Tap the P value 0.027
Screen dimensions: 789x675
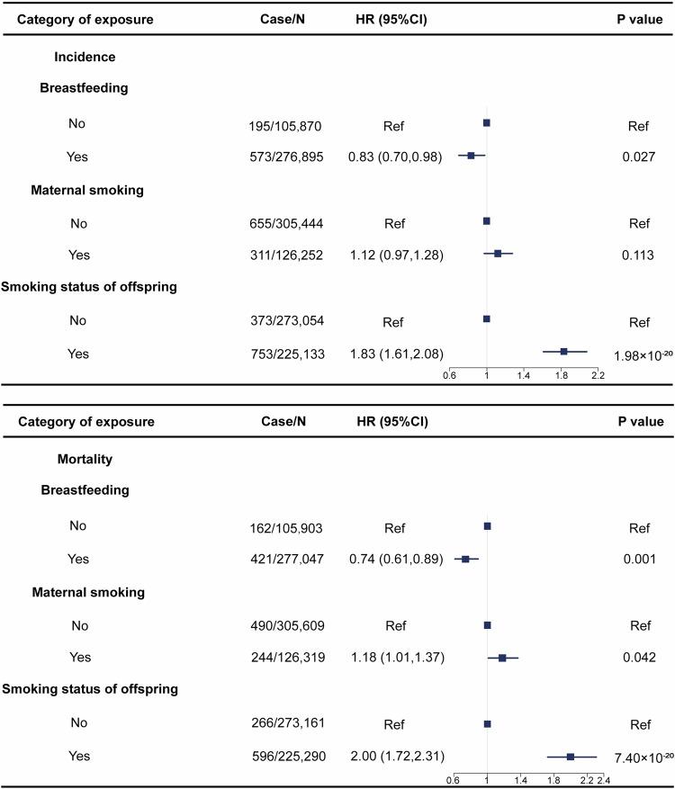637,156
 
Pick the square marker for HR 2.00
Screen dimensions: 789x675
571,757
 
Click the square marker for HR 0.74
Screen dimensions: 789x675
465,559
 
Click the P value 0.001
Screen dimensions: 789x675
637,559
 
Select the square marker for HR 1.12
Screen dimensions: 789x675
498,254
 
